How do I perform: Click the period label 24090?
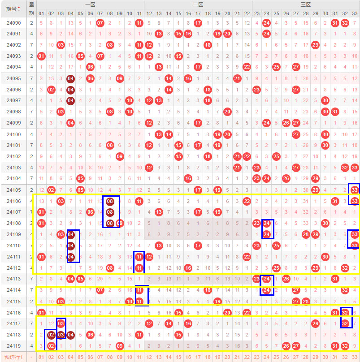pyautogui.click(x=14, y=23)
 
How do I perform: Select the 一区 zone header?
pyautogui.click(x=90, y=4)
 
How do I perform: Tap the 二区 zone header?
pyautogui.click(x=198, y=4)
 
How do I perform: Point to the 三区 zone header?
pyautogui.click(x=306, y=4)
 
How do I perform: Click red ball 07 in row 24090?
pyautogui.click(x=100, y=23)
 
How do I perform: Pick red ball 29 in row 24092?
pyautogui.click(x=316, y=45)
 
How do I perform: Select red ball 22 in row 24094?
pyautogui.click(x=247, y=67)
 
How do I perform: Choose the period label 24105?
pyautogui.click(x=14, y=190)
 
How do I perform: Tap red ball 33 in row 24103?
pyautogui.click(x=355, y=168)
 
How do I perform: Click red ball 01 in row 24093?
pyautogui.click(x=41, y=56)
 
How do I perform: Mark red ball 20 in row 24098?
pyautogui.click(x=227, y=112)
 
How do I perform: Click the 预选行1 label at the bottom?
pyautogui.click(x=14, y=357)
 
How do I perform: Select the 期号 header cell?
pyautogui.click(x=14, y=9)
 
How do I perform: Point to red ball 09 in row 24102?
pyautogui.click(x=119, y=156)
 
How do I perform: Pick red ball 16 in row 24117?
pyautogui.click(x=188, y=323)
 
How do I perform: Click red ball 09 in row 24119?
pyautogui.click(x=119, y=346)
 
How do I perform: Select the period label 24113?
pyautogui.click(x=14, y=279)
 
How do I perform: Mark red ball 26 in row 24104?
pyautogui.click(x=286, y=178)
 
